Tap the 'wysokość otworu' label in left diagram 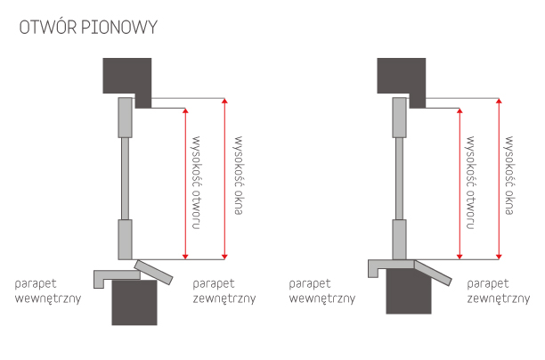[198, 183]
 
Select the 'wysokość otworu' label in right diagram [469, 183]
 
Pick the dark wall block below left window [134, 305]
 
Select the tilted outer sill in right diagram [431, 271]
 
